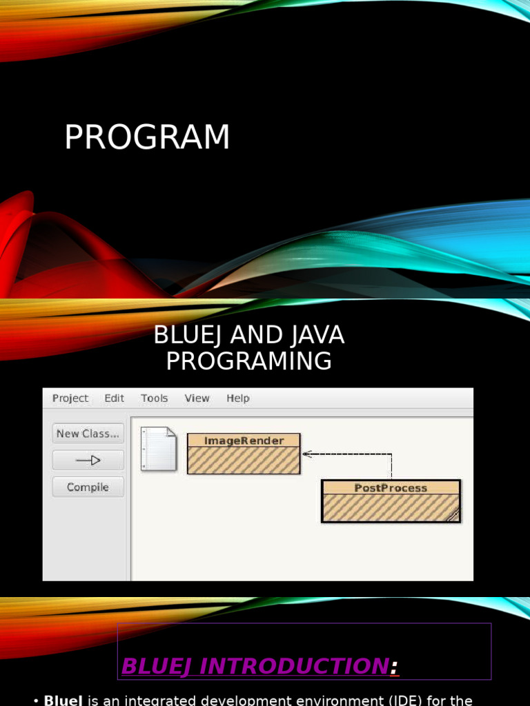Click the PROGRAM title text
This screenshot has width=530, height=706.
(147, 137)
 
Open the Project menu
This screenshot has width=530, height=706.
(70, 399)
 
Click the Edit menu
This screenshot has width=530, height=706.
(115, 399)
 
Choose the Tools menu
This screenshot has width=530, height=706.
(155, 399)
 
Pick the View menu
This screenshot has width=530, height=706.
(197, 399)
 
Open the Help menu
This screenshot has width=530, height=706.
(238, 399)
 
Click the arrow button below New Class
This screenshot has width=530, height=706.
(88, 461)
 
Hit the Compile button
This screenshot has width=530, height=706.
(88, 487)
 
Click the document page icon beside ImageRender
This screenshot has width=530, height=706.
(158, 450)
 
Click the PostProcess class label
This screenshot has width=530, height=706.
(391, 488)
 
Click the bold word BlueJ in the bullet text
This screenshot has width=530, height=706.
(63, 700)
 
